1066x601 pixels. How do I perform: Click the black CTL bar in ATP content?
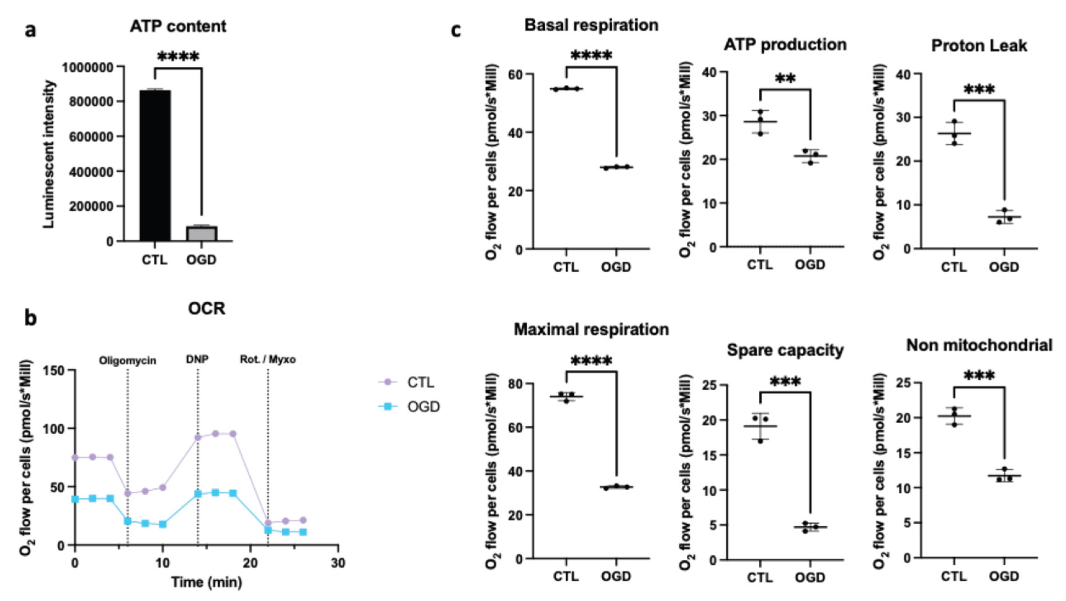155,166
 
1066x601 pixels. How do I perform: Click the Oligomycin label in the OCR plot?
127,361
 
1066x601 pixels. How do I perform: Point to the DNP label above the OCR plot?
197,359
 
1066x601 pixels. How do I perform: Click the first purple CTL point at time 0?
75,457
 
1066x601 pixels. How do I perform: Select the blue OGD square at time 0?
75,499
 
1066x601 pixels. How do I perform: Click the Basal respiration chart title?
591,25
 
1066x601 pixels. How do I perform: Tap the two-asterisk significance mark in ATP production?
785,78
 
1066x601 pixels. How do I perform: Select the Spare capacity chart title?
785,350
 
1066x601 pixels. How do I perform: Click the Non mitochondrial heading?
979,345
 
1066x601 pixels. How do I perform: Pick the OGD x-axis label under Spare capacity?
810,577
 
